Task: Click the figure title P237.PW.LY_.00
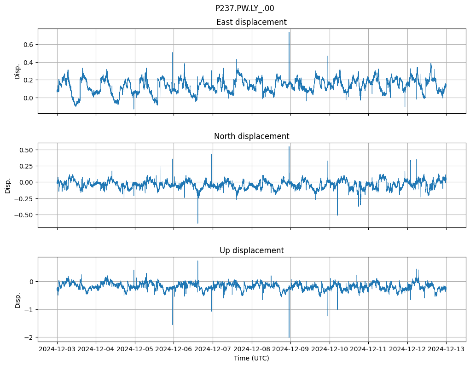244,8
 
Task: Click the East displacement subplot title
251,22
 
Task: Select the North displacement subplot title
251,136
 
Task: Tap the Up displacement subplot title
251,250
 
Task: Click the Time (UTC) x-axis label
251,358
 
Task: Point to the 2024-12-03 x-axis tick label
57,349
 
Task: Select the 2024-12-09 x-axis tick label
290,349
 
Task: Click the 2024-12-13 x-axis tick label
446,349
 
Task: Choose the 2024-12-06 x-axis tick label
174,349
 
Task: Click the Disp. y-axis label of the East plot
17,71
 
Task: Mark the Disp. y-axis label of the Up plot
17,299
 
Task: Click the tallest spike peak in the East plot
289,33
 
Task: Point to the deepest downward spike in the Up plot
289,337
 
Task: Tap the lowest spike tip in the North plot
198,223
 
